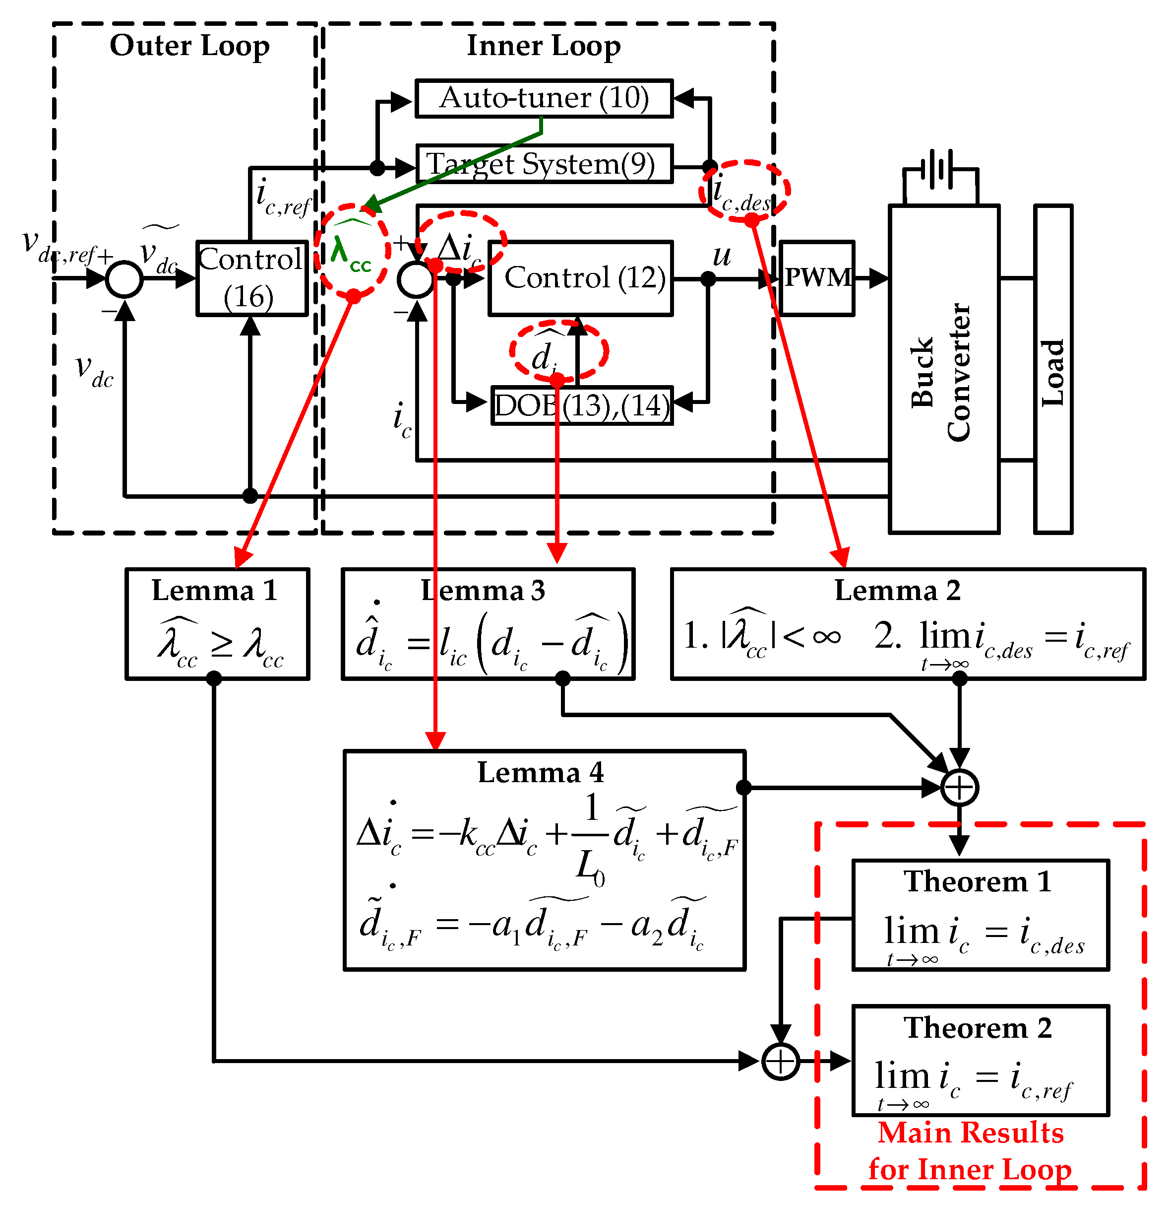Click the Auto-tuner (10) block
click(544, 98)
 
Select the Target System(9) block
click(544, 164)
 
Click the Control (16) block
click(251, 278)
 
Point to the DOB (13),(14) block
click(582, 405)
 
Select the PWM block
click(817, 278)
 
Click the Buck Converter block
click(943, 369)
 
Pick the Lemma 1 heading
click(215, 591)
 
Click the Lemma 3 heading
click(483, 591)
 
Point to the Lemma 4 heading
click(541, 773)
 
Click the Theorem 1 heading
click(977, 882)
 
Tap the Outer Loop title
click(189, 46)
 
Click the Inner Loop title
click(544, 46)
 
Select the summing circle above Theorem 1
click(959, 788)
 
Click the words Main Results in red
click(971, 1134)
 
